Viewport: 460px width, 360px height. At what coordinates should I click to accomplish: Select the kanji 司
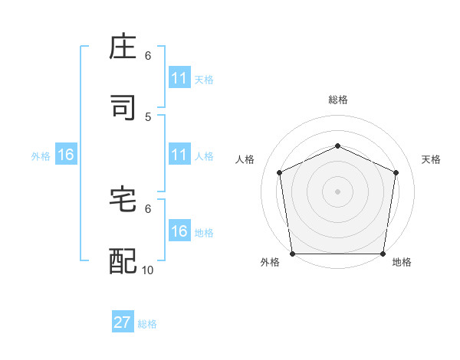(123, 108)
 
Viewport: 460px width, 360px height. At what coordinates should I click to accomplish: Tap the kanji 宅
(123, 200)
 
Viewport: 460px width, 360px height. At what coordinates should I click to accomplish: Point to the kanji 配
(123, 261)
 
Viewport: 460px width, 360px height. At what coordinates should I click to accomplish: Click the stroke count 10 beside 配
(148, 270)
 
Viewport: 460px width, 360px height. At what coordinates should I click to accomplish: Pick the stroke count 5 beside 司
(148, 116)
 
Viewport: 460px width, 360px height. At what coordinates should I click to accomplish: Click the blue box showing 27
(123, 322)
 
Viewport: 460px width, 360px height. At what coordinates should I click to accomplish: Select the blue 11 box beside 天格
(179, 78)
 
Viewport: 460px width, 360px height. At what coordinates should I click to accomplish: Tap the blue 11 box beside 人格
(179, 155)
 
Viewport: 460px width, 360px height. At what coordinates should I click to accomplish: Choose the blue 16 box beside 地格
(179, 231)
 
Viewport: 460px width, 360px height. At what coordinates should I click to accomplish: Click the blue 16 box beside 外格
(66, 155)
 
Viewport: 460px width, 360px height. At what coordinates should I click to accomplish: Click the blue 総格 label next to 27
(147, 324)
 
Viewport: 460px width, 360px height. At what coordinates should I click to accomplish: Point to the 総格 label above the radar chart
(337, 100)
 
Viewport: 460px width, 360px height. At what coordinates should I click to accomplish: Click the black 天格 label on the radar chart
(432, 159)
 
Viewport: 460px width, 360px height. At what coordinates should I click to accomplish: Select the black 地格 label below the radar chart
(402, 263)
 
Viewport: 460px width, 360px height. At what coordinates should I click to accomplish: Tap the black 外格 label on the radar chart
(270, 263)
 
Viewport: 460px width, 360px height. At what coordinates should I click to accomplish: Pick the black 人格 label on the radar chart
(245, 159)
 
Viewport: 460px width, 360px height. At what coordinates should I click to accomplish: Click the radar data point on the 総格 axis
(337, 146)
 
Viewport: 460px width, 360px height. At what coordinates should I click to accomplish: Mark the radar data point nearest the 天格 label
(396, 172)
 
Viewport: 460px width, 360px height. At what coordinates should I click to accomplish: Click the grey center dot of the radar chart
(337, 191)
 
